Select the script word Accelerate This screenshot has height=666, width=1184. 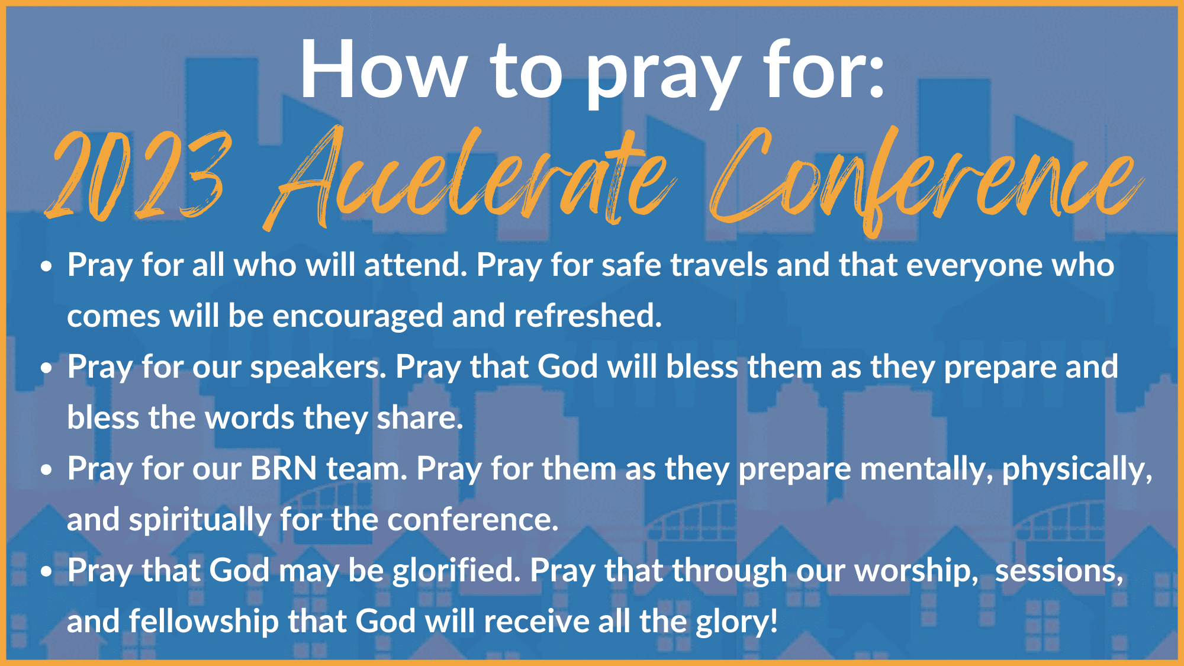[471, 178]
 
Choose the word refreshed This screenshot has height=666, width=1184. [587, 316]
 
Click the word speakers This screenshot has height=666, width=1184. [318, 368]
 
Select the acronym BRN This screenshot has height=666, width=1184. [284, 469]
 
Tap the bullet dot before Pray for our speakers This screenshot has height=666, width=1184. [47, 368]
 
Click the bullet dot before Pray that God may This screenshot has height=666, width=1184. [47, 572]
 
